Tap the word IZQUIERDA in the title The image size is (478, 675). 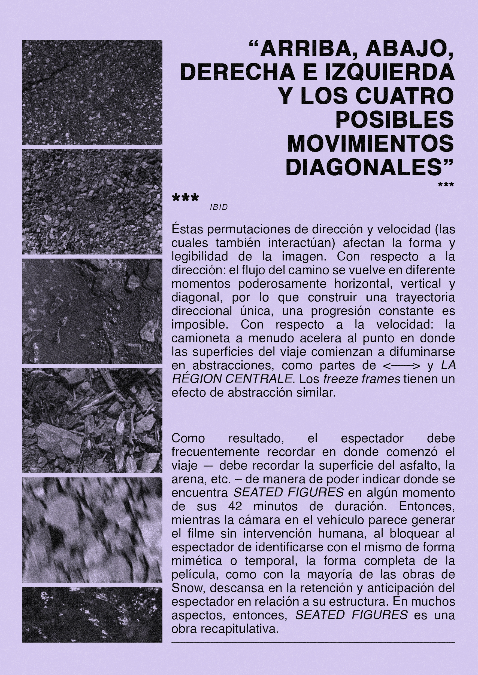pos(390,73)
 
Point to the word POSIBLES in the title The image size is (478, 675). pos(394,120)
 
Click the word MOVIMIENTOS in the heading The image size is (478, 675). pos(370,144)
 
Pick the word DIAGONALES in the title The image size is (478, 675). pos(365,168)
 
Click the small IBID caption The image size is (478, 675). pos(219,207)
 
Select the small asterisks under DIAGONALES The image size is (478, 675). pos(446,185)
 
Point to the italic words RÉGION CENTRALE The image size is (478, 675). pos(232,379)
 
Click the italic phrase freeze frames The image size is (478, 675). pos(361,379)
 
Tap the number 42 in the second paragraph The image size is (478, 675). pos(235,506)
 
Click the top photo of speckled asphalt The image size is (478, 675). pos(92,92)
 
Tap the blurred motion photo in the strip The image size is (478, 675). pos(92,530)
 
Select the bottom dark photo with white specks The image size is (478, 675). pos(92,614)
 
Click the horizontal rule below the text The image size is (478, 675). pos(313,643)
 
